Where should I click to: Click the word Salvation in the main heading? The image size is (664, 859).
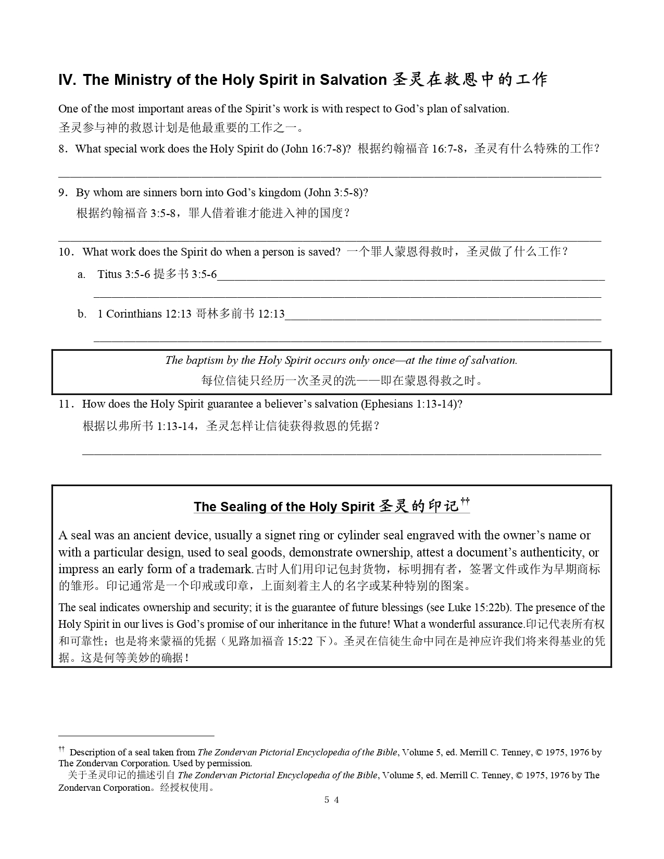point(353,80)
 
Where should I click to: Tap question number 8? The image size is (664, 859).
point(63,149)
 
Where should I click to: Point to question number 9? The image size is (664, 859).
point(63,193)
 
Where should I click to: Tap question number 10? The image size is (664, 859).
point(66,252)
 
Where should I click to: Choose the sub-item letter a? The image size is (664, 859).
point(81,274)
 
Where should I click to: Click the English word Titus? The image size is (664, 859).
point(109,274)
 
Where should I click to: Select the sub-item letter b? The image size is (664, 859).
point(82,314)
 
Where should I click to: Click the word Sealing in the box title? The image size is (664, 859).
point(241,507)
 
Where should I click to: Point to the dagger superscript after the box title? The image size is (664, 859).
point(465,501)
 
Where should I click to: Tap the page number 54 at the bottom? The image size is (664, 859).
point(332,800)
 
